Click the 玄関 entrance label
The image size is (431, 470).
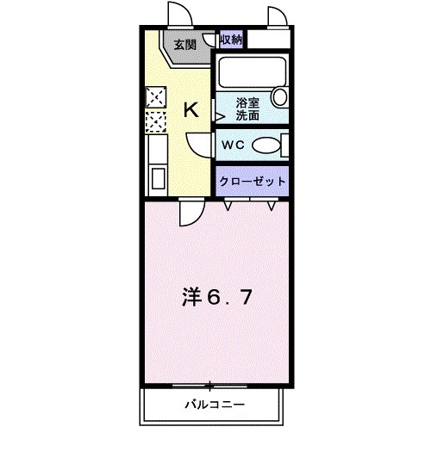click(184, 45)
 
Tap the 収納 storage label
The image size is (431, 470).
click(230, 39)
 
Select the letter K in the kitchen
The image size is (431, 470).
click(191, 110)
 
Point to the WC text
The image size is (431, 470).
click(233, 145)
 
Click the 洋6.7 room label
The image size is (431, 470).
click(215, 298)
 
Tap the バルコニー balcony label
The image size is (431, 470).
click(214, 404)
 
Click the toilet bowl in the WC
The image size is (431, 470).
click(269, 145)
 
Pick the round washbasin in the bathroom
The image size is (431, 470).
click(278, 96)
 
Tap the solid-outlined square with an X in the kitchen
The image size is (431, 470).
click(156, 96)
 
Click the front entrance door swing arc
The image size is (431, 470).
click(179, 15)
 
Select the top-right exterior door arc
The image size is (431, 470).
click(278, 15)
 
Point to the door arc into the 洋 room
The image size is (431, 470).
click(191, 209)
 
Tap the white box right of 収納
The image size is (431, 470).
click(268, 40)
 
